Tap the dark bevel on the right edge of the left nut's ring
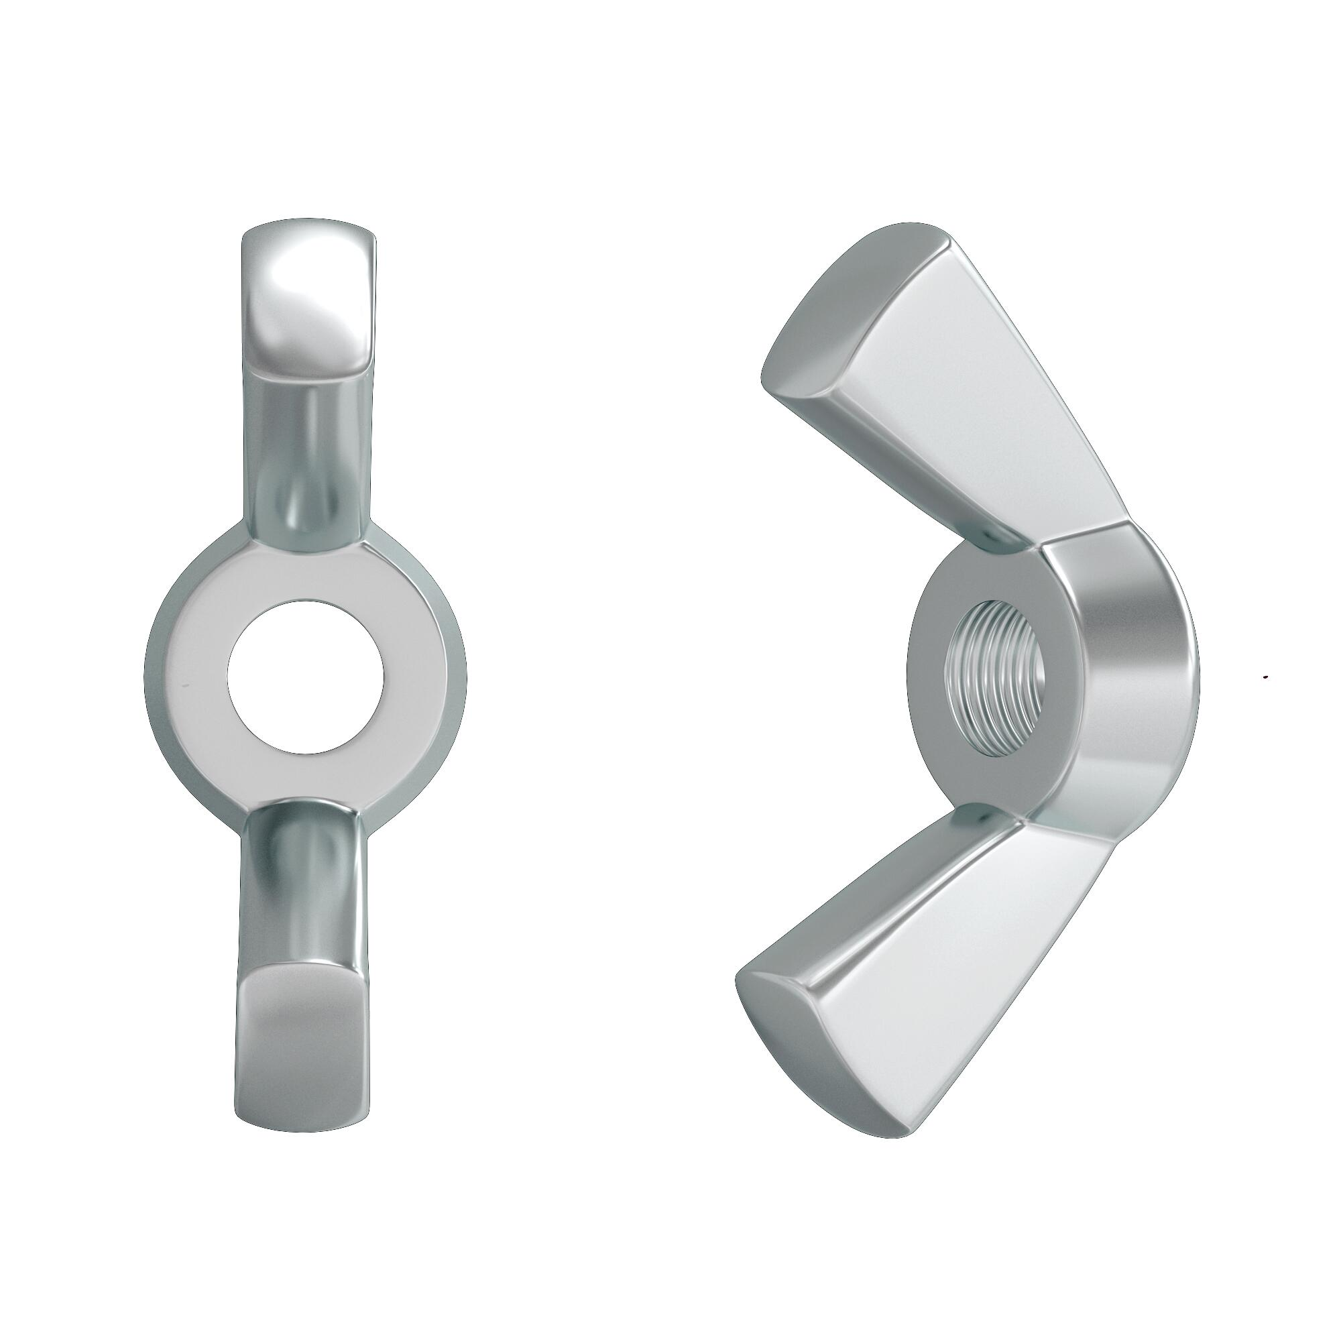tap(459, 677)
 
